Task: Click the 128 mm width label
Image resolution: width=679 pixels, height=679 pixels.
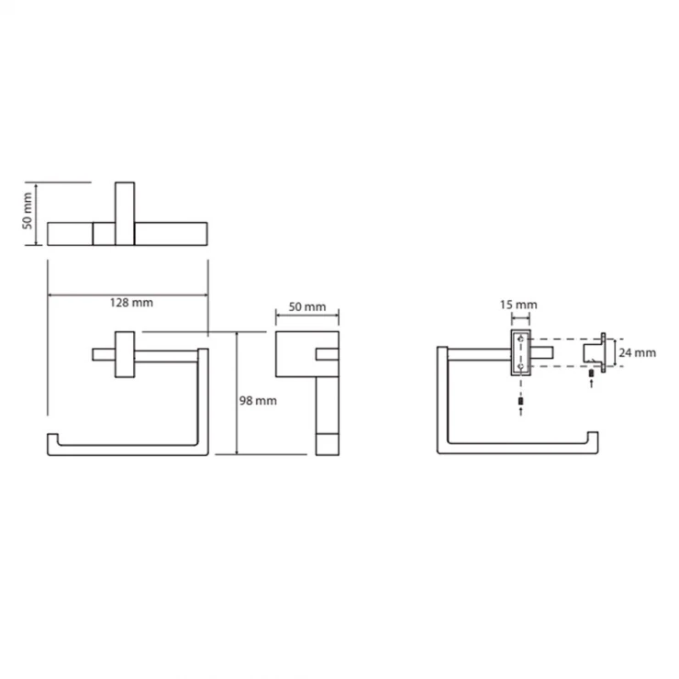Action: pyautogui.click(x=131, y=302)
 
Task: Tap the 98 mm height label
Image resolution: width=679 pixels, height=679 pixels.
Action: pyautogui.click(x=258, y=401)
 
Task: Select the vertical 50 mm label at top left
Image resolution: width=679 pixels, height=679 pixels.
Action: pyautogui.click(x=28, y=211)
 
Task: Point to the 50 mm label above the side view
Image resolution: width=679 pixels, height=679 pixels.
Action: pyautogui.click(x=307, y=306)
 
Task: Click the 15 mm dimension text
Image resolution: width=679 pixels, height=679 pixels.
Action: pyautogui.click(x=518, y=305)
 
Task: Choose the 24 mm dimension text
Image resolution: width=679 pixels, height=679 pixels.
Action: pyautogui.click(x=637, y=352)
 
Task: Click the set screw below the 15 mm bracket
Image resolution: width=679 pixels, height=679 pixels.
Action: pyautogui.click(x=520, y=401)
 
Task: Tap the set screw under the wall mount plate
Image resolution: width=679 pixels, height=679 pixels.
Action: pyautogui.click(x=592, y=373)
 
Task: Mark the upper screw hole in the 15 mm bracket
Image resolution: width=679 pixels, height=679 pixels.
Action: pyautogui.click(x=521, y=339)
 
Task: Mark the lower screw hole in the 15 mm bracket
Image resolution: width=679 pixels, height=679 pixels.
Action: pyautogui.click(x=521, y=366)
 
